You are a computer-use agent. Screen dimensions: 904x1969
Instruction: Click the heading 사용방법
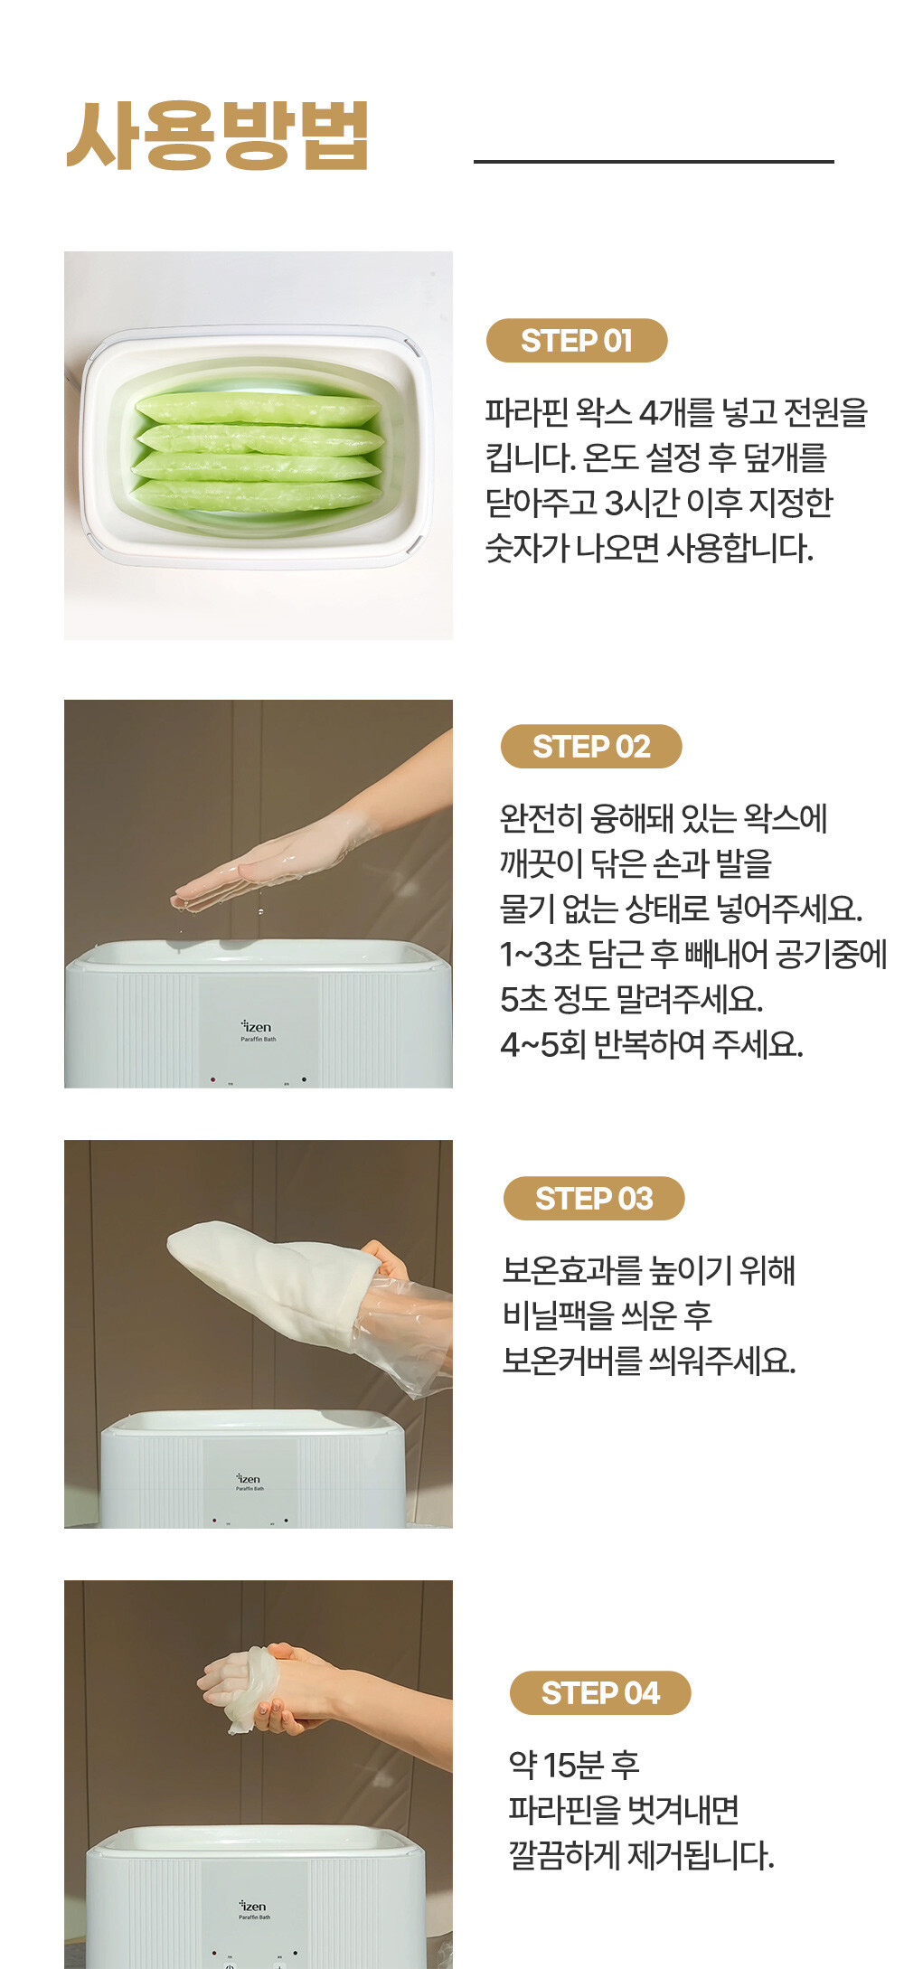tap(218, 136)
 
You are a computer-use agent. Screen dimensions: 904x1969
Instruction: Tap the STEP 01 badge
tap(577, 341)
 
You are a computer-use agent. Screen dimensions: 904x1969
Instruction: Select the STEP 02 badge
tap(591, 747)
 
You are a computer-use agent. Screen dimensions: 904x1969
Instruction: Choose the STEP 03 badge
tap(594, 1199)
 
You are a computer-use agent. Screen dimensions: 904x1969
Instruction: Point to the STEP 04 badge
tap(600, 1693)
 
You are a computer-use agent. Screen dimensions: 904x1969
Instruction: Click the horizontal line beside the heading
tap(654, 162)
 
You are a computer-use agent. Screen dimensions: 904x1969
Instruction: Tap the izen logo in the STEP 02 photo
tap(257, 1028)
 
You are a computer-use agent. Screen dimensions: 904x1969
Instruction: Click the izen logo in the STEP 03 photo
tap(249, 1479)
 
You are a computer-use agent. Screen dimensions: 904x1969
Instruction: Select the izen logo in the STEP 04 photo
tap(253, 1907)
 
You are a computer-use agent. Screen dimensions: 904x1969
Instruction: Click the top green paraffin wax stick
tap(258, 409)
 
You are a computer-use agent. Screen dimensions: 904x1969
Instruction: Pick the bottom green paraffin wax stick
tap(257, 495)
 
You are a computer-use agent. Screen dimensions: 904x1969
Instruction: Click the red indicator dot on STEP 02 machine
tap(213, 1079)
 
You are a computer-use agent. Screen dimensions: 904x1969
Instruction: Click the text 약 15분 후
tap(574, 1764)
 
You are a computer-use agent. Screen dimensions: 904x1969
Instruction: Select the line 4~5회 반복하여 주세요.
tap(652, 1045)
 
